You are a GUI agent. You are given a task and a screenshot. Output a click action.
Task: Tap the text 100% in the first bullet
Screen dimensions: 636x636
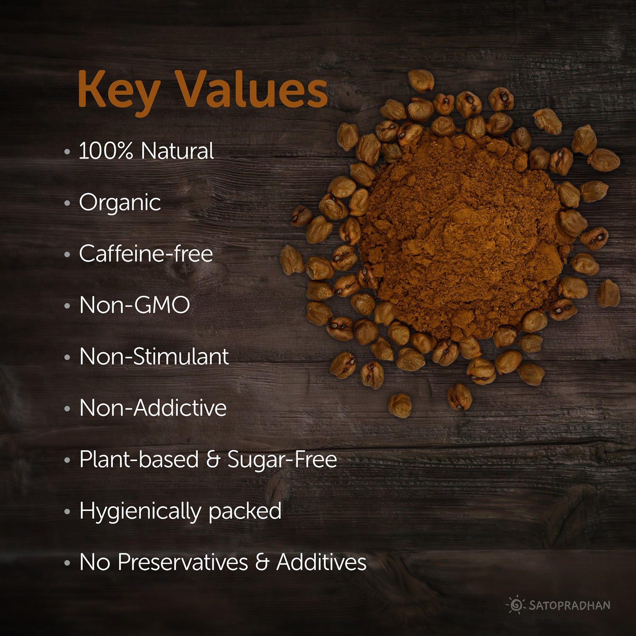click(106, 151)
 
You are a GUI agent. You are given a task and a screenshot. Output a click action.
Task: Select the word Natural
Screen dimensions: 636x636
click(177, 151)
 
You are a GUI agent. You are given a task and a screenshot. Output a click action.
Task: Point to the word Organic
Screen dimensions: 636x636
click(120, 203)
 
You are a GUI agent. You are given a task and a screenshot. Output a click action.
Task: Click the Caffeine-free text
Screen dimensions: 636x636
click(146, 254)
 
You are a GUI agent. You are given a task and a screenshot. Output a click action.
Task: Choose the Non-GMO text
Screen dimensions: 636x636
click(135, 305)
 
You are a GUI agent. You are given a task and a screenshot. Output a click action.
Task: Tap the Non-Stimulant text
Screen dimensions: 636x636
click(154, 357)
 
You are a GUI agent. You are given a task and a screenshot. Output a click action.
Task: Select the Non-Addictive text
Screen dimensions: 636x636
click(153, 408)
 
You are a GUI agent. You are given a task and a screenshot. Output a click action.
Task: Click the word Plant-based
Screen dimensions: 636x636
click(139, 460)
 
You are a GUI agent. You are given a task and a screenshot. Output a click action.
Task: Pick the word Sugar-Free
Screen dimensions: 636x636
click(282, 460)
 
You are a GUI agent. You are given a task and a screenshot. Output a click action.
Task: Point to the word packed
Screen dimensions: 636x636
click(245, 511)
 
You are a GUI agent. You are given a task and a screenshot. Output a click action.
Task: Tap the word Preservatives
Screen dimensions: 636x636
click(183, 563)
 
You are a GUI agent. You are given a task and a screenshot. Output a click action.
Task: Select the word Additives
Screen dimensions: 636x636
click(321, 563)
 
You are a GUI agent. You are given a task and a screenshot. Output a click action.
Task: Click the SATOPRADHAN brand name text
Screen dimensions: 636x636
click(569, 605)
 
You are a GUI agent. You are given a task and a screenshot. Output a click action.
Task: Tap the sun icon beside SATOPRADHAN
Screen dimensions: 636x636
click(516, 605)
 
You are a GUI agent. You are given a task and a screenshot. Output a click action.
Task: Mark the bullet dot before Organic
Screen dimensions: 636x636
click(67, 203)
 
